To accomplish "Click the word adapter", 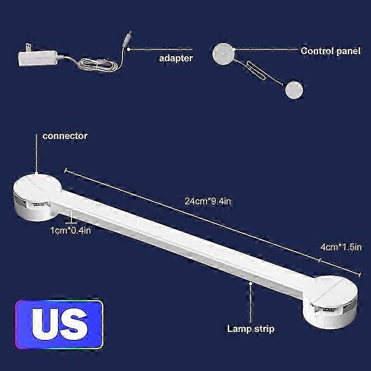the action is pos(176,58).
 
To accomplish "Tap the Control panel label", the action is pos(331,51).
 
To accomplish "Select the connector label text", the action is pos(65,136).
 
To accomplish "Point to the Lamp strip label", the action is pos(251,329).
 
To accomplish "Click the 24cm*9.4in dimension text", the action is pos(208,201).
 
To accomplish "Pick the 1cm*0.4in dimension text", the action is pos(70,230).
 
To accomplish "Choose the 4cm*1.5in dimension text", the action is pos(341,247).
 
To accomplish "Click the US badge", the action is pos(59,325).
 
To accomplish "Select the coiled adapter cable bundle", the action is pos(97,65).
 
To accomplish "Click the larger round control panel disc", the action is pos(224,54).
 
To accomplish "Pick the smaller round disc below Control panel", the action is pos(294,90).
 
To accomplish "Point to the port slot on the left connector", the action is pos(38,204).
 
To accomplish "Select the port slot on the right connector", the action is pos(329,309).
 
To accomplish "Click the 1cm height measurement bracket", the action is pos(71,216).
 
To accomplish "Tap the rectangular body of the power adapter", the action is pos(38,58).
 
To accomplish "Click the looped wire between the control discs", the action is pos(256,70).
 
